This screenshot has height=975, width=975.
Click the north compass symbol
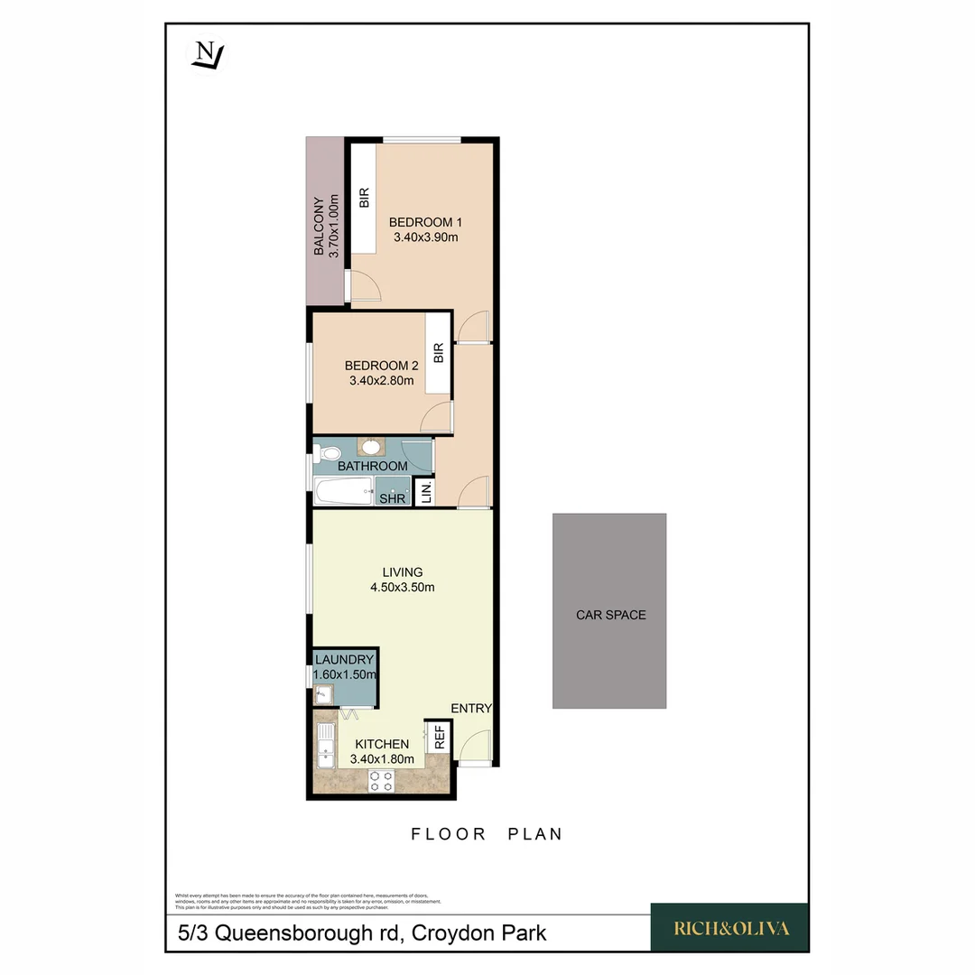pos(209,55)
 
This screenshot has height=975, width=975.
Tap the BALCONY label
pos(319,227)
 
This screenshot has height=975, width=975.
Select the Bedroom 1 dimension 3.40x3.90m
pos(426,238)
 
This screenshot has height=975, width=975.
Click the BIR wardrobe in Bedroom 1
pos(364,199)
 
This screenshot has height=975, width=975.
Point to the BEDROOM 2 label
pos(381,366)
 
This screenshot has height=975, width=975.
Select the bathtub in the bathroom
pos(343,493)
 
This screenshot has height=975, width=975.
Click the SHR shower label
pos(392,497)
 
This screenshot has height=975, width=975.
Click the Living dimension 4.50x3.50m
pos(403,588)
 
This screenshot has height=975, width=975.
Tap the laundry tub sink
pos(324,693)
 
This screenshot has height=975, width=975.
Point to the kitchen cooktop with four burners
pos(381,780)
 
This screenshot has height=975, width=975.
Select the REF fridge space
pos(440,738)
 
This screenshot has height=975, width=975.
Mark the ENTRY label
pos(471,709)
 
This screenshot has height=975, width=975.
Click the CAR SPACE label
pos(610,615)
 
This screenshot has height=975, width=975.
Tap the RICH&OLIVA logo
pos(729,927)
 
